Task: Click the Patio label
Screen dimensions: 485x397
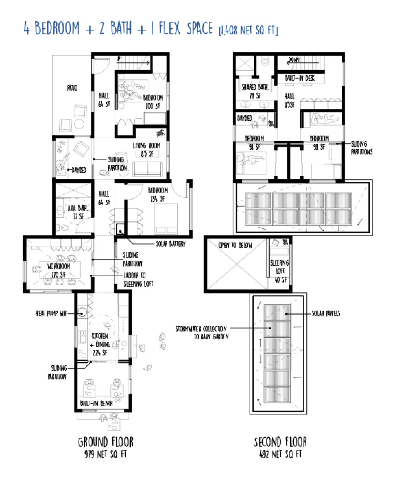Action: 72,88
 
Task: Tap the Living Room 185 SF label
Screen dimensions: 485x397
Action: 146,150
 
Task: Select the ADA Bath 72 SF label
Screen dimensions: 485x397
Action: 78,212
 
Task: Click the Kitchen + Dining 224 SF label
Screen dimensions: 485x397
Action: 101,344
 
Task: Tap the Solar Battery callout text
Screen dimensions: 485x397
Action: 170,244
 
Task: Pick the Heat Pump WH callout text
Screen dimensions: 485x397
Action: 51,314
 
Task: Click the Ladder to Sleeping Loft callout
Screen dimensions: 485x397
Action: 138,280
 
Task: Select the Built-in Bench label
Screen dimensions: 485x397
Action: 96,403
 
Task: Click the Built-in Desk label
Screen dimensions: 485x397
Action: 300,78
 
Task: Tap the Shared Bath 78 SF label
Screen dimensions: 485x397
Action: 255,91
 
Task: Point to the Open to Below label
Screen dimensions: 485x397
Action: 235,245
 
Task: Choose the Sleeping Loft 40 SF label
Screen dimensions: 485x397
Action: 280,271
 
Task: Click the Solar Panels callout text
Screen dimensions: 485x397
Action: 325,314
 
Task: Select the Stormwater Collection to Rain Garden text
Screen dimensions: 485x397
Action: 202,333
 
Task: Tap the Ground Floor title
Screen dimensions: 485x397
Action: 106,442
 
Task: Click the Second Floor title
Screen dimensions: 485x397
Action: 280,442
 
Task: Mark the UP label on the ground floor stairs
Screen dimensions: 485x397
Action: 119,59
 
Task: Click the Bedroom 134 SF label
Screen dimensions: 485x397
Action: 158,195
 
